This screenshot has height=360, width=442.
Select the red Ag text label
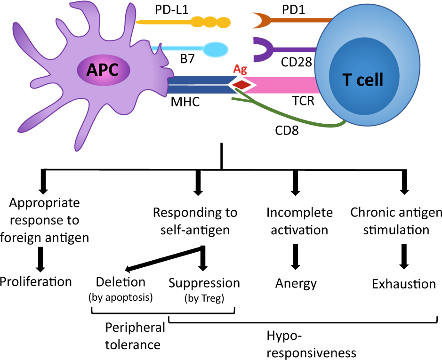tap(241, 70)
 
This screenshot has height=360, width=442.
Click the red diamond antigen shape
tap(242, 85)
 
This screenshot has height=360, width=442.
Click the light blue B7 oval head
tap(215, 49)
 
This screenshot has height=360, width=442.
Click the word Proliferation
tap(36, 281)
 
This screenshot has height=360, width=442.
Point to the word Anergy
tap(296, 283)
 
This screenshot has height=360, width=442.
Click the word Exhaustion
tap(404, 284)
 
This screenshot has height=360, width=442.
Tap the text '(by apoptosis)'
tap(121, 297)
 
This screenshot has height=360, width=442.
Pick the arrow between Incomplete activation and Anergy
tap(296, 256)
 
